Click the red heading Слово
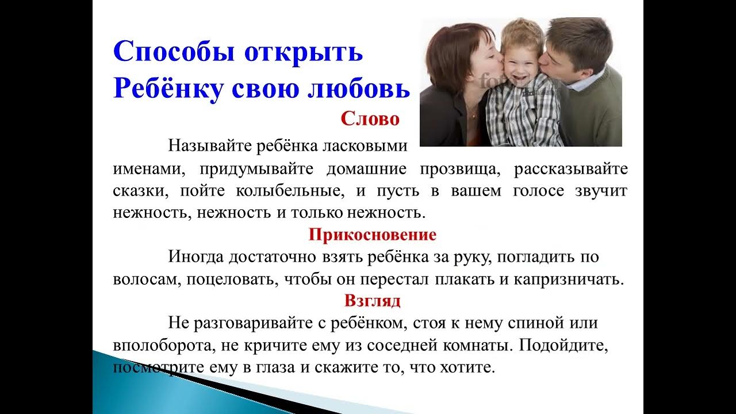(370, 119)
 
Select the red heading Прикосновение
(372, 235)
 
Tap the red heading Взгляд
(373, 301)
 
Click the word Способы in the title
(172, 52)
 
